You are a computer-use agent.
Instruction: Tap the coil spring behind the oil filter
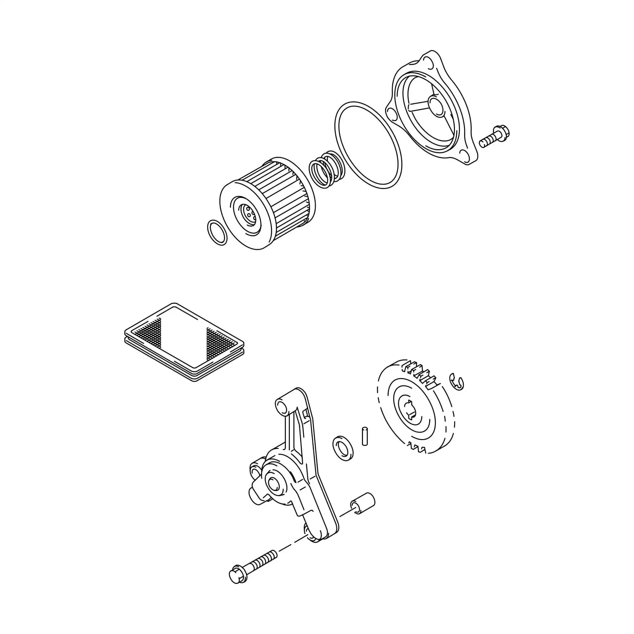point(327,169)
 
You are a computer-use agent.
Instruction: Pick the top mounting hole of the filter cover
point(428,61)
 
